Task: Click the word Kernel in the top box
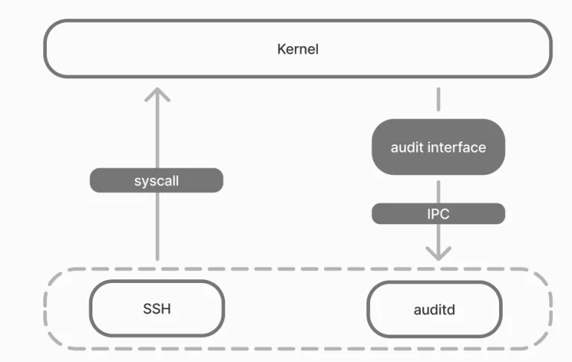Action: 297,50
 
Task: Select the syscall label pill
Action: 156,180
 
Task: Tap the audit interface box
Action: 438,147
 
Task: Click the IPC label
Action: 438,214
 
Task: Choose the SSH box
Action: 156,308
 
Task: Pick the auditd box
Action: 434,308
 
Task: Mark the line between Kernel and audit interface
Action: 438,101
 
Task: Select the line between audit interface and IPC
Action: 438,189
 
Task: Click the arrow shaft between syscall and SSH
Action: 156,227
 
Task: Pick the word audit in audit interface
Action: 406,147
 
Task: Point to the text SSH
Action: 156,308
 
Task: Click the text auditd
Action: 434,308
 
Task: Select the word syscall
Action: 156,180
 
